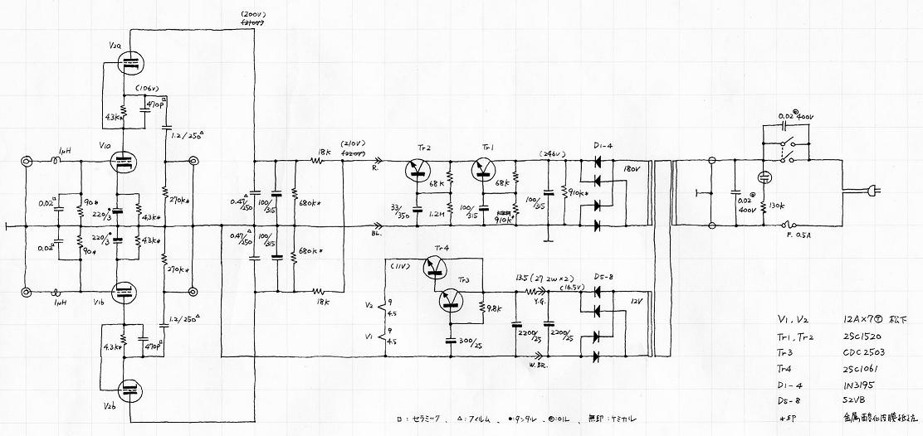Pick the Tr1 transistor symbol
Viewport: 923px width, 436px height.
tap(486, 171)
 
